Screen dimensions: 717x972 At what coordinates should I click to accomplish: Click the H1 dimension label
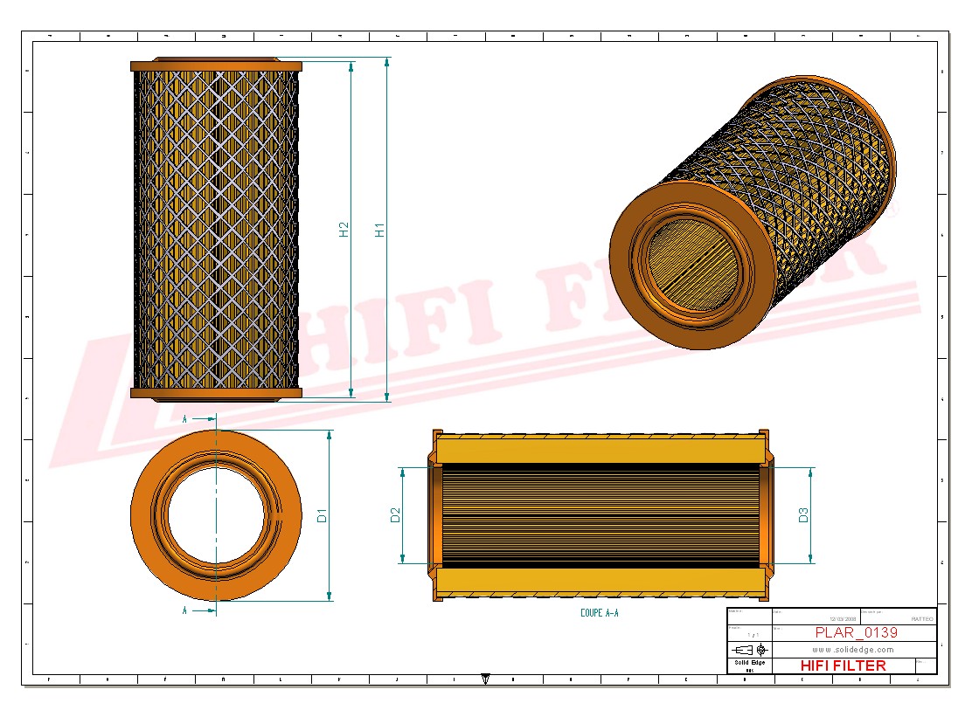point(380,230)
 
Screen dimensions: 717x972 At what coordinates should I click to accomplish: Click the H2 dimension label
point(344,230)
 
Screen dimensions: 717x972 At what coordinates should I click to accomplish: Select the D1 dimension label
point(322,515)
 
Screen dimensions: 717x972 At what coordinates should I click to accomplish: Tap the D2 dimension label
point(395,515)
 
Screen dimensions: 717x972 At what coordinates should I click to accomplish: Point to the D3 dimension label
point(803,515)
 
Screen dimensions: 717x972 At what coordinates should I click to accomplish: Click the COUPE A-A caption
point(599,613)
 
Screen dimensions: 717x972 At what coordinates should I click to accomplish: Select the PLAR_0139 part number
point(856,632)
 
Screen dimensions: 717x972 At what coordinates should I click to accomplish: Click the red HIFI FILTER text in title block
point(843,665)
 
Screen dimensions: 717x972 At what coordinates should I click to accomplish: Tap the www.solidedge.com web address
point(853,650)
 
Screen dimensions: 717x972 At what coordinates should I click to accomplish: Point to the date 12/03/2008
point(844,618)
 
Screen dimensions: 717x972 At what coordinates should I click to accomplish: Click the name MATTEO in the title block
point(921,618)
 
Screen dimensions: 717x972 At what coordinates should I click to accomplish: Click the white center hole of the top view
point(216,515)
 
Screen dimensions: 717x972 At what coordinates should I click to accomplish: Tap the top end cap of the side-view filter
point(216,65)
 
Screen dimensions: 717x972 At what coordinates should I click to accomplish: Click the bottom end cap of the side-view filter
point(216,394)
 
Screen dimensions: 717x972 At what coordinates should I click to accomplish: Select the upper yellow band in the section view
point(599,451)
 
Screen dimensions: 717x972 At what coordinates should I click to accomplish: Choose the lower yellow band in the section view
point(599,581)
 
